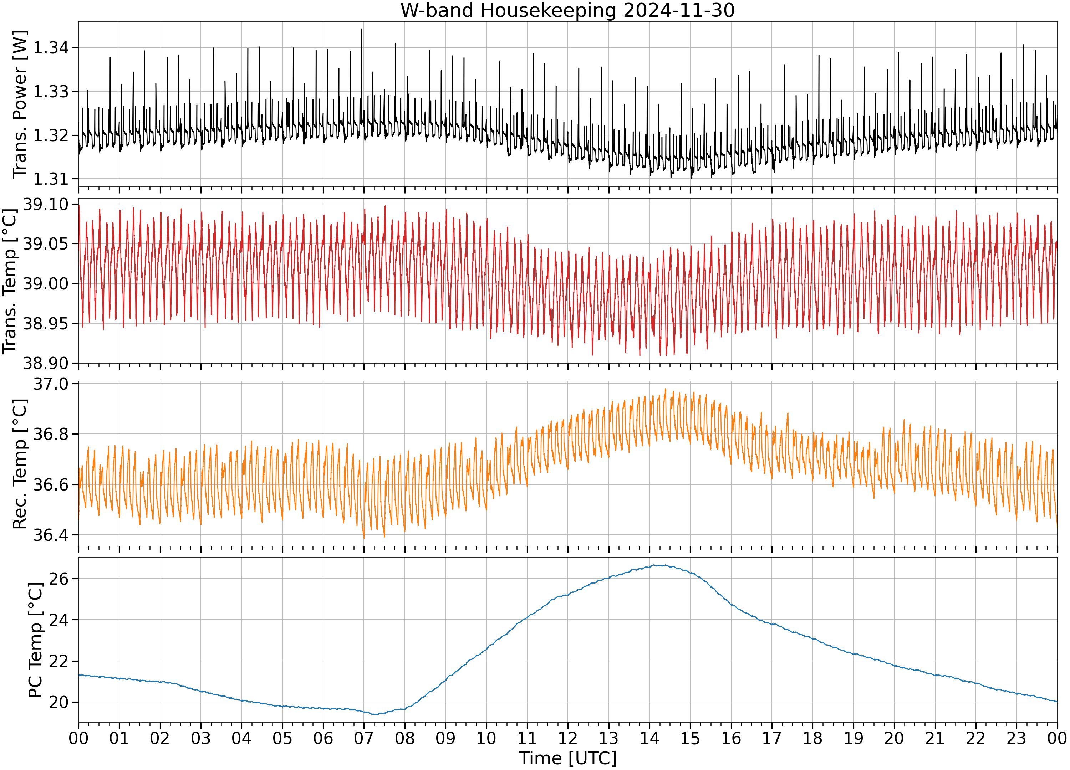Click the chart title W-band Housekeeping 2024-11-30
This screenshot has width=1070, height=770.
tap(567, 10)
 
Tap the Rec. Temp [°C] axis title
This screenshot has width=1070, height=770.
tap(20, 464)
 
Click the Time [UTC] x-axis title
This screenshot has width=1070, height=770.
tap(567, 758)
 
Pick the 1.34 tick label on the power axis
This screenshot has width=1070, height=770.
tap(51, 48)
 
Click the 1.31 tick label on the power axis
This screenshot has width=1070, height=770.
tap(51, 179)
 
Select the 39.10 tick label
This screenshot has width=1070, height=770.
tap(45, 204)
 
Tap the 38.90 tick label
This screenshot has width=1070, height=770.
tap(45, 363)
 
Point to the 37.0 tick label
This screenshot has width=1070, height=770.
tap(51, 384)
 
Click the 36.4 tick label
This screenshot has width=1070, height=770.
tap(51, 535)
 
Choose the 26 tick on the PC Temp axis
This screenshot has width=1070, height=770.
tap(58, 579)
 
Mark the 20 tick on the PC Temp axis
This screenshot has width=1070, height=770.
tap(58, 702)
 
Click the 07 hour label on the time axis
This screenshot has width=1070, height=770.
tap(364, 738)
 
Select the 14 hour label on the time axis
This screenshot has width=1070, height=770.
tap(649, 738)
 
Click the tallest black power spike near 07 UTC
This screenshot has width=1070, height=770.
tap(362, 29)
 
